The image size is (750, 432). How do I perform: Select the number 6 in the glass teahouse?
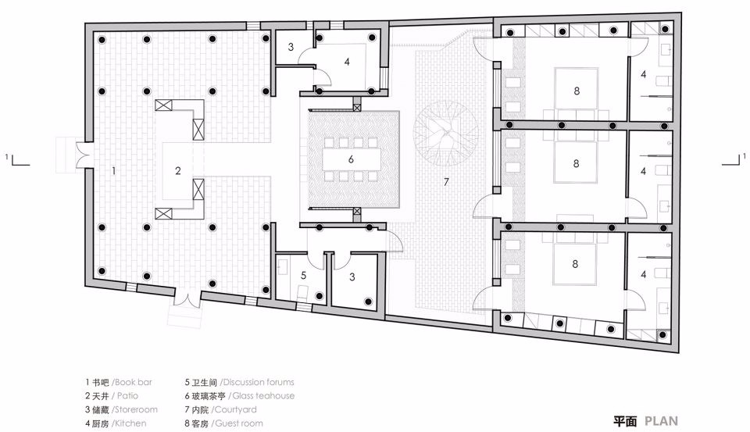352,158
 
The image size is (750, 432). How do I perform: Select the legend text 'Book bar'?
134,383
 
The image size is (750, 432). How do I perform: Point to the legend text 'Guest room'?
244,423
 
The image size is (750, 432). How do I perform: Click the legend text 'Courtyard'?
243,409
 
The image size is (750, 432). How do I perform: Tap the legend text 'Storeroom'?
135,409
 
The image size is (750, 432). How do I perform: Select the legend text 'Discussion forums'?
259,383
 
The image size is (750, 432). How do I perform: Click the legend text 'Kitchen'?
129,423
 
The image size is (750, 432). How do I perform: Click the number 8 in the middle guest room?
576,163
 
